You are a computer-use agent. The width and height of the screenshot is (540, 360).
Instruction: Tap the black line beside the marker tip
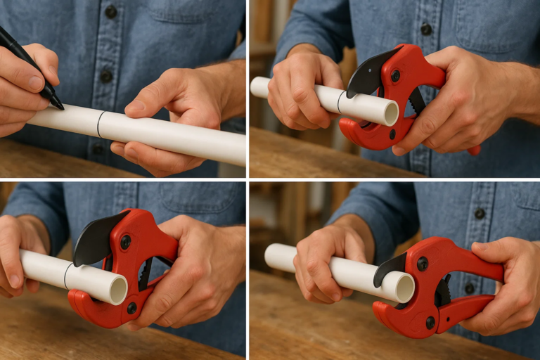(99, 124)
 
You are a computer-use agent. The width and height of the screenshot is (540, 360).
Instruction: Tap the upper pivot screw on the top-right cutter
(395, 75)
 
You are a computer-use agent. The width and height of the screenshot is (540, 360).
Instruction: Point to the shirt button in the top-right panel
(426, 29)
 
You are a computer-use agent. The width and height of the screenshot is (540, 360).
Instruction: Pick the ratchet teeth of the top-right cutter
(416, 102)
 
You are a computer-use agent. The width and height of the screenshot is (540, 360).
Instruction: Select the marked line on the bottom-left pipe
(66, 276)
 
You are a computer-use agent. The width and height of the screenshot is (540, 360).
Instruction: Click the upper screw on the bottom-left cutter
(125, 241)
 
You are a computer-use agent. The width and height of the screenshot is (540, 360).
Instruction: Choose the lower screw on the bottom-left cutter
(131, 308)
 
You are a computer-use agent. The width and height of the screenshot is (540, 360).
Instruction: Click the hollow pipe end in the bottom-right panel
(405, 288)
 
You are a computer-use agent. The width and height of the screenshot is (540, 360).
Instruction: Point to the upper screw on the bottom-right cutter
(422, 264)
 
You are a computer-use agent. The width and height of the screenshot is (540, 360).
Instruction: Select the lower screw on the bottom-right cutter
(430, 322)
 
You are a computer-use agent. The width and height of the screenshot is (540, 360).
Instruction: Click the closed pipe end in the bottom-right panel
(270, 257)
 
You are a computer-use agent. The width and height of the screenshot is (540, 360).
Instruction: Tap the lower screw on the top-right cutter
(392, 134)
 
